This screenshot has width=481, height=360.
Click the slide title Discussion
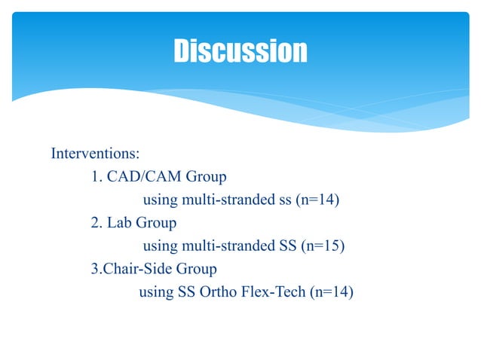coord(240,51)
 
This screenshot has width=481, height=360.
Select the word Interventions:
coord(95,154)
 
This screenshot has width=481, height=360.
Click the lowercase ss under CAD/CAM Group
coord(284,200)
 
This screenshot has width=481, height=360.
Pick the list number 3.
coord(95,269)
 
